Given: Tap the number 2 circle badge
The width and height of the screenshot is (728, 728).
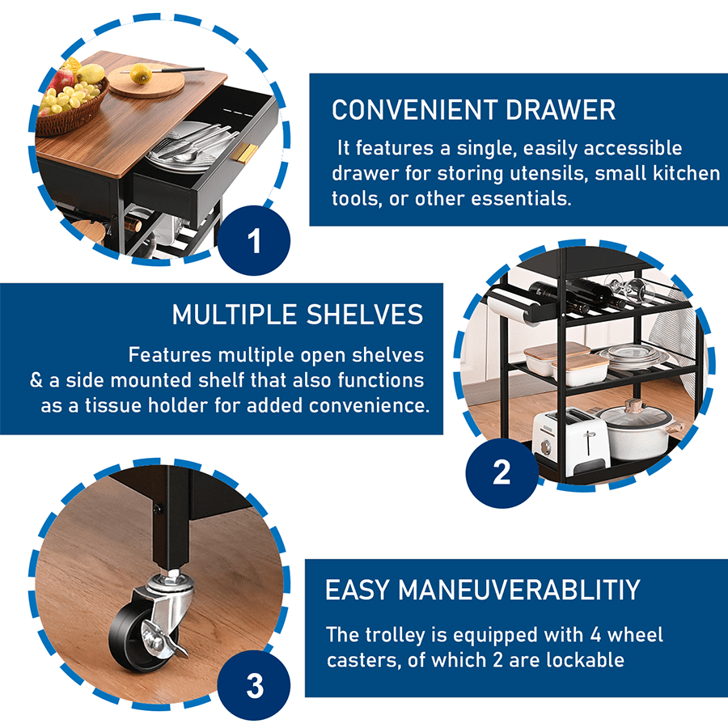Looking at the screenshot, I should pos(502,472).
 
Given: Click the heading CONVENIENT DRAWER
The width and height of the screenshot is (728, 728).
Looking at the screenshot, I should pos(473,110).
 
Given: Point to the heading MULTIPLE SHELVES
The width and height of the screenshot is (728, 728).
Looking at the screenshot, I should pos(298,315).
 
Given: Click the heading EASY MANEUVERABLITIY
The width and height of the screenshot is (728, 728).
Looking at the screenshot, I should pos(482,590).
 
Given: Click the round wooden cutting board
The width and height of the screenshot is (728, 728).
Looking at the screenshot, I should pos(144,83).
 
